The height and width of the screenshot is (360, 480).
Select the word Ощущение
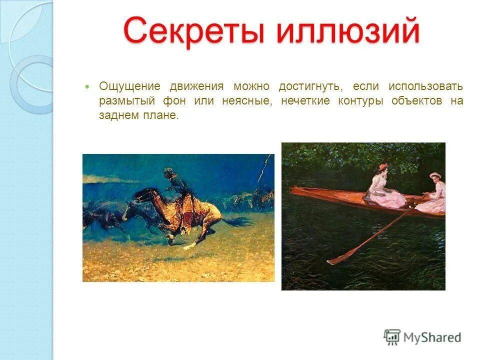(129, 86)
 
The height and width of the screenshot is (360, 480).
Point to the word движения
(196, 86)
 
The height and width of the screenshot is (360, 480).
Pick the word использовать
(425, 86)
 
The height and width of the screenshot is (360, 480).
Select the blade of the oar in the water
(340, 257)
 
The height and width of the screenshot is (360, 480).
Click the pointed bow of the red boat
(295, 190)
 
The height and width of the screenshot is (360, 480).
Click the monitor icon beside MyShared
(392, 337)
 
